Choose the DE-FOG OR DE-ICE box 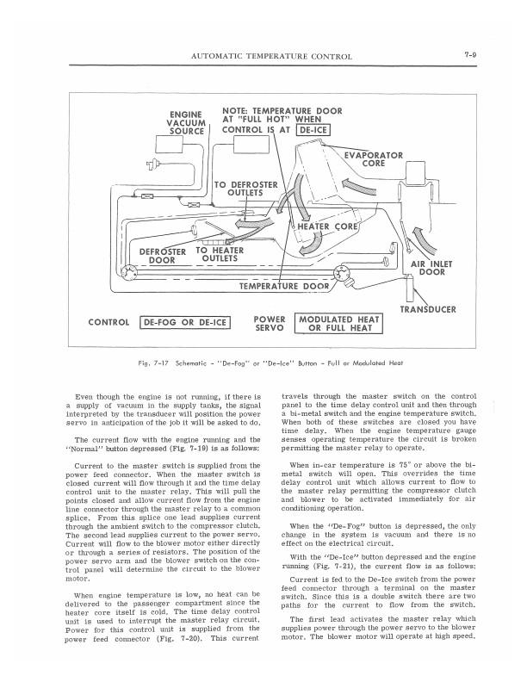[184, 323]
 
